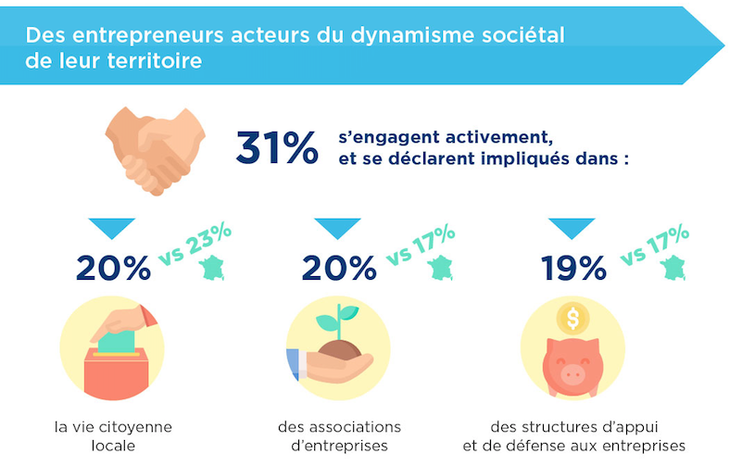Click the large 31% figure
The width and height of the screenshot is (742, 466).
point(276,148)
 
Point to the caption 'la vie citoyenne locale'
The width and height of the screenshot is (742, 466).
point(113,435)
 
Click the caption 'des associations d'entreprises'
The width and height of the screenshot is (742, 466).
point(340,435)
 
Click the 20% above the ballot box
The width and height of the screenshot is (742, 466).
point(113,268)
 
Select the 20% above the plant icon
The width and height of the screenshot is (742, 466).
point(339,268)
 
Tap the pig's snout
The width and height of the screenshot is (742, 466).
point(572,373)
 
